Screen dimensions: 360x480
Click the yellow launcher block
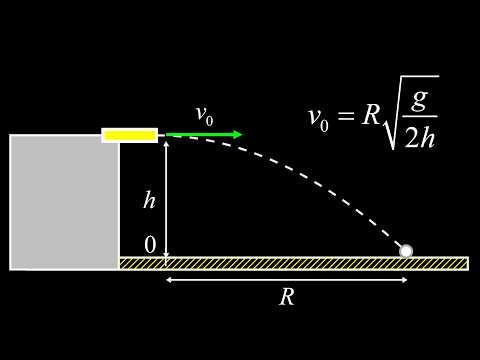129,135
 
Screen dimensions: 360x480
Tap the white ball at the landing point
406,250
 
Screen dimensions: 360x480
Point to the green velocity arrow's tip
240,134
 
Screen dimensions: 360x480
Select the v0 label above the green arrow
204,116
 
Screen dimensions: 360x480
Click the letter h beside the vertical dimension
149,200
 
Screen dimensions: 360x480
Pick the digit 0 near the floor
150,245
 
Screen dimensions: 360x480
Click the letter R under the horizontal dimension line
286,297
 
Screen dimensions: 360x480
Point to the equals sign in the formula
346,117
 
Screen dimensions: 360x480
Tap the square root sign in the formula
391,125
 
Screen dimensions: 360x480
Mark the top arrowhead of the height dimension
166,143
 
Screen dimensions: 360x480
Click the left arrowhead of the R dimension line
168,280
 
